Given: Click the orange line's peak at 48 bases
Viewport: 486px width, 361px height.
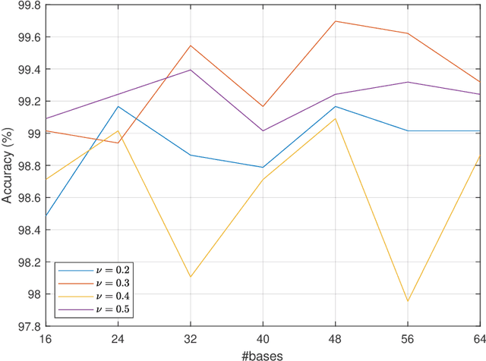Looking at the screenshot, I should [x=335, y=21].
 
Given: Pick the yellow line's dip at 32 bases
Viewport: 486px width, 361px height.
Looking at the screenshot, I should [x=191, y=277].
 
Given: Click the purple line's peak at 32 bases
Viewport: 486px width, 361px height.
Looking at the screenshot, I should [x=191, y=70].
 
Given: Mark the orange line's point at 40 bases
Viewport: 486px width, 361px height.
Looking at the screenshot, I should [x=263, y=106].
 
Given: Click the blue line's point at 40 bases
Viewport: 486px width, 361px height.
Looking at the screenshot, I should [x=263, y=168].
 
